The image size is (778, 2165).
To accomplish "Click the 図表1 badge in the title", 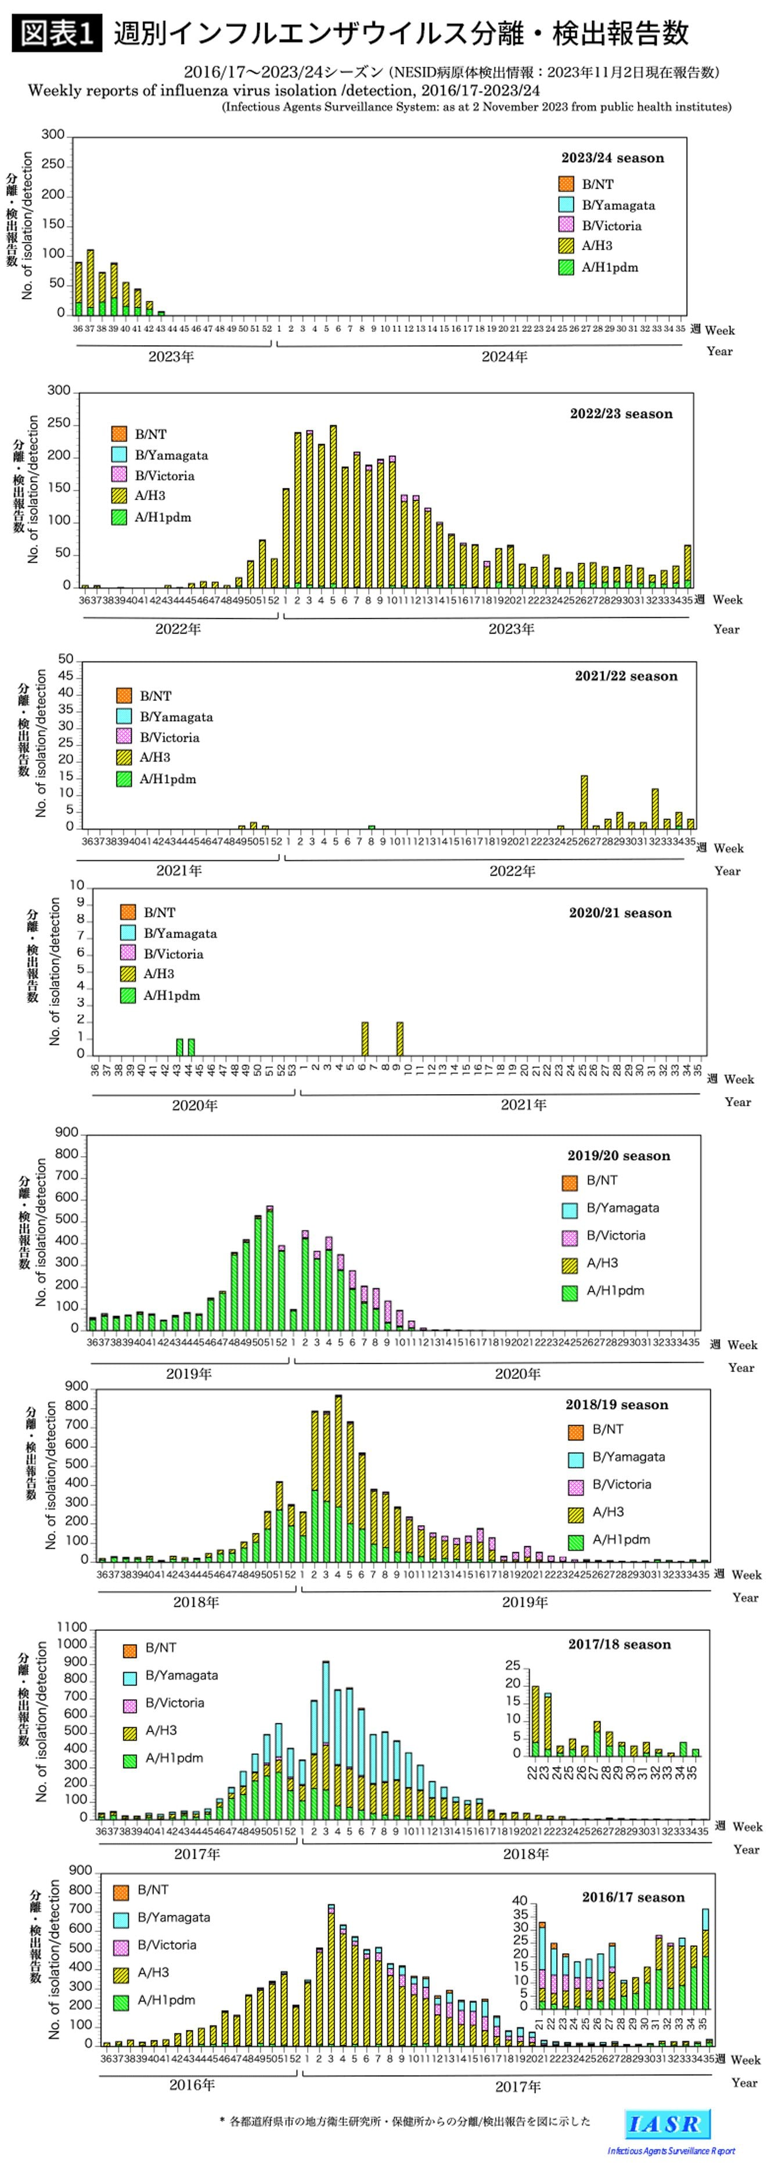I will pos(56,34).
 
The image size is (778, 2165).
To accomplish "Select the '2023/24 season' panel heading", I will pos(613,158).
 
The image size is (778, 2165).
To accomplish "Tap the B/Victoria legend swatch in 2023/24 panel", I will pos(566,225).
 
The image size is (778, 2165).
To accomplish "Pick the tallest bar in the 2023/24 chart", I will pos(90,283).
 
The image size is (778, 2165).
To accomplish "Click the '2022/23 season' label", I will pos(621,414).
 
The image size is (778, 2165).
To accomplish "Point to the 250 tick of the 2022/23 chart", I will pos(59,423).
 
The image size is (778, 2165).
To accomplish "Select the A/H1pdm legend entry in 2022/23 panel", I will pos(163,517).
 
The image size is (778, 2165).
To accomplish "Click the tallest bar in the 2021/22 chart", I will pos(583,802).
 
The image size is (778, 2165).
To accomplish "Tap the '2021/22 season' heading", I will pos(626,676).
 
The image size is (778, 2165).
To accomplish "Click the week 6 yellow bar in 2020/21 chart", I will pos(365,1039).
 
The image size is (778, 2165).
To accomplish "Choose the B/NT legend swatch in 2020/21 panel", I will pos(128,912).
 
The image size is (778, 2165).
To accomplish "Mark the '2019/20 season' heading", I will pos(618,1156).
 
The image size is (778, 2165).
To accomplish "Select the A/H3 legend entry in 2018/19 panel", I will pos(608,1512).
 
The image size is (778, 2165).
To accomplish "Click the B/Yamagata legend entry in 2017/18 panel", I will pos(181,1675).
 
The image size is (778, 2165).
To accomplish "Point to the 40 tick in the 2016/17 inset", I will pos(520,1901).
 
